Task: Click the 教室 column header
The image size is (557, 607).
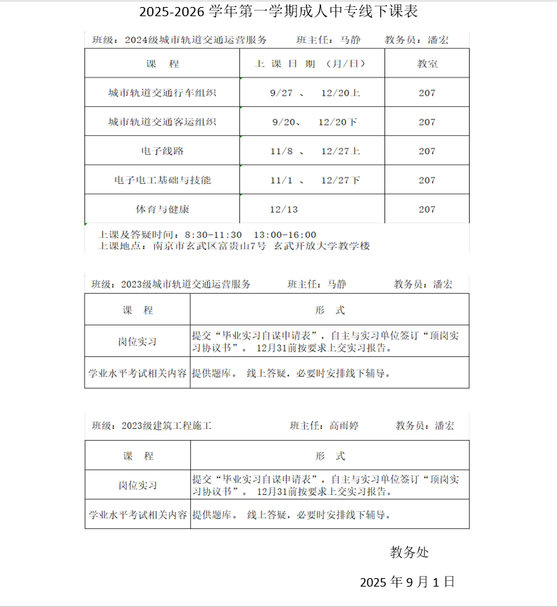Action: (x=427, y=63)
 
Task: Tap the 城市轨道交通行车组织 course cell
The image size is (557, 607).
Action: (x=162, y=93)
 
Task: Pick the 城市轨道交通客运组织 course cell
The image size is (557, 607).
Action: (x=162, y=122)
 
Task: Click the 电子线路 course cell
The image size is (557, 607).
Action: (x=162, y=151)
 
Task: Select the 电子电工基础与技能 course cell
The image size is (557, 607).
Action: (x=162, y=180)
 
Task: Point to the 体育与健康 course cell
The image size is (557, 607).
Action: (x=162, y=209)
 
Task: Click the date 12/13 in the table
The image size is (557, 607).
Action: (x=284, y=209)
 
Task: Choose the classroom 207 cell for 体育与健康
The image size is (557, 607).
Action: (x=427, y=209)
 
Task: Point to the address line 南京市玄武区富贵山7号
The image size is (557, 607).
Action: (x=206, y=246)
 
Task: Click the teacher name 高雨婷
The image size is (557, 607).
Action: (x=344, y=426)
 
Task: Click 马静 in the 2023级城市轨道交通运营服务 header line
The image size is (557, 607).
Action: (x=337, y=284)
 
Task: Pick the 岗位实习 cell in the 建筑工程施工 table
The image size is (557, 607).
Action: (x=137, y=485)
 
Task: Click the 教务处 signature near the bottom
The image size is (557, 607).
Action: (x=409, y=552)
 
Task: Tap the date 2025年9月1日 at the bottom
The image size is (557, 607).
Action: (x=407, y=582)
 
